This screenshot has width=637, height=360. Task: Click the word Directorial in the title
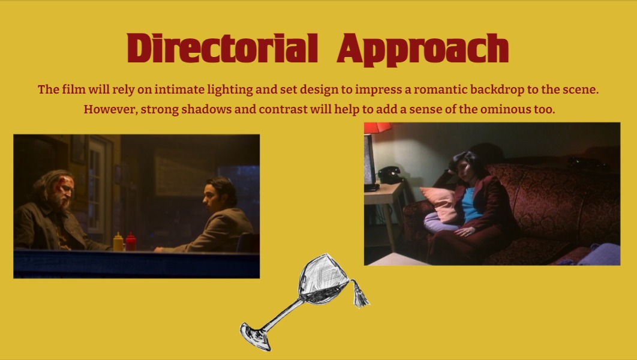pyautogui.click(x=222, y=48)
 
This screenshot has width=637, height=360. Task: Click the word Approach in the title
pyautogui.click(x=423, y=50)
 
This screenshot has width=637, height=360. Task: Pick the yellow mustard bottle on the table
pyautogui.click(x=118, y=242)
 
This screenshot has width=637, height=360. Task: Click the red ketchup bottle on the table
pyautogui.click(x=130, y=242)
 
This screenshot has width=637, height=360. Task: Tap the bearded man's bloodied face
pyautogui.click(x=64, y=190)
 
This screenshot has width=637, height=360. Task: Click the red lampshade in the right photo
pyautogui.click(x=377, y=128)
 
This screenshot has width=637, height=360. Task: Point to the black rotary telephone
pyautogui.click(x=390, y=175)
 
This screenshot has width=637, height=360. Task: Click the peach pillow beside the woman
pyautogui.click(x=440, y=204)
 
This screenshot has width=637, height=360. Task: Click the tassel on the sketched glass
pyautogui.click(x=359, y=294)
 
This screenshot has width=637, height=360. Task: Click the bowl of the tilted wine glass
pyautogui.click(x=323, y=278)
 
